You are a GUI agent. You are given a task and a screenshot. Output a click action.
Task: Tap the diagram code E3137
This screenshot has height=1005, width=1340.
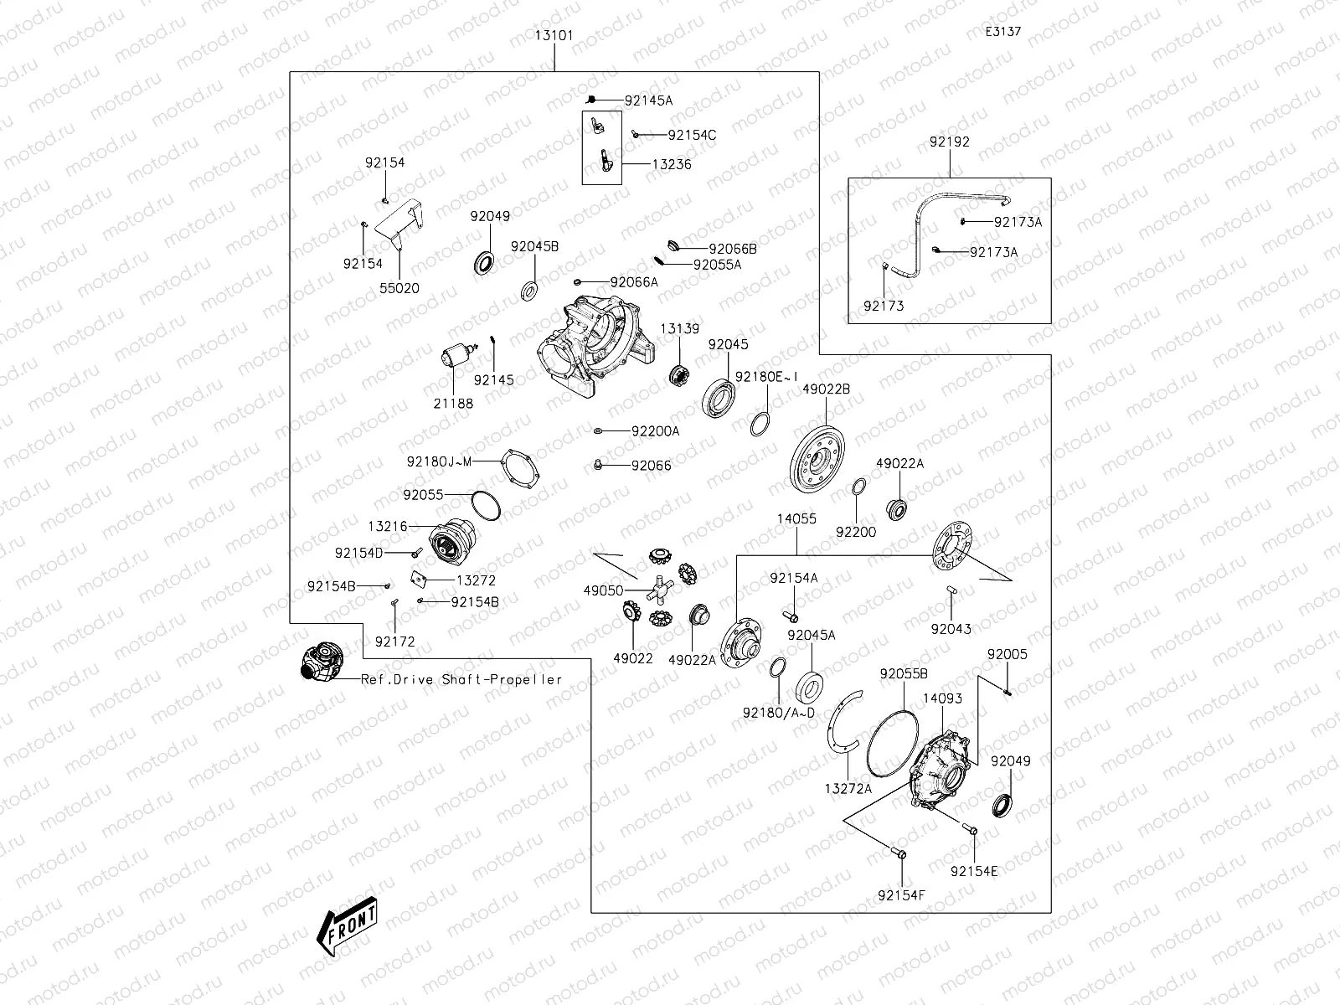[1002, 32]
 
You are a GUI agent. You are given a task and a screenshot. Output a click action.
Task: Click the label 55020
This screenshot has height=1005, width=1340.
[399, 288]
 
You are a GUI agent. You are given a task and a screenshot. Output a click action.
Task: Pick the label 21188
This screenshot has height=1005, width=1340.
[453, 404]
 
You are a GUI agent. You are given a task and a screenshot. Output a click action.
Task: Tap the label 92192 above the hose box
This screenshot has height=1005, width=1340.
[949, 142]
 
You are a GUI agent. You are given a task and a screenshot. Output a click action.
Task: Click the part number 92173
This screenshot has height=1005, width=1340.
[884, 307]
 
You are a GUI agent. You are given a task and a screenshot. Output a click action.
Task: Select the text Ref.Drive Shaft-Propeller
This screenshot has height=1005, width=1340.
[461, 679]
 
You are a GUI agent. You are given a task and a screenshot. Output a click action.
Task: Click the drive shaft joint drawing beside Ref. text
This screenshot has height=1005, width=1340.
[320, 662]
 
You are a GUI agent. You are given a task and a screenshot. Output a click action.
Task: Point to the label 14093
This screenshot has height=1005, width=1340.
[942, 698]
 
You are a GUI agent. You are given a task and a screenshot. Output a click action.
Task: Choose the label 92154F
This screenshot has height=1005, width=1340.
[901, 895]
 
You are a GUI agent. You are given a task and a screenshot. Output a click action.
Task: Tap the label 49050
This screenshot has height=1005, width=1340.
[603, 590]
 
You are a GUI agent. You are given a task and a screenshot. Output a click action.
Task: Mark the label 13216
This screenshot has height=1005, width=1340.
[387, 526]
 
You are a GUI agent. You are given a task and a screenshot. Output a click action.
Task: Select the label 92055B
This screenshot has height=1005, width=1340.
[903, 674]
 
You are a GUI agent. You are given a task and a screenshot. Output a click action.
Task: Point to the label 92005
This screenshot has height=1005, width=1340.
[1007, 655]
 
